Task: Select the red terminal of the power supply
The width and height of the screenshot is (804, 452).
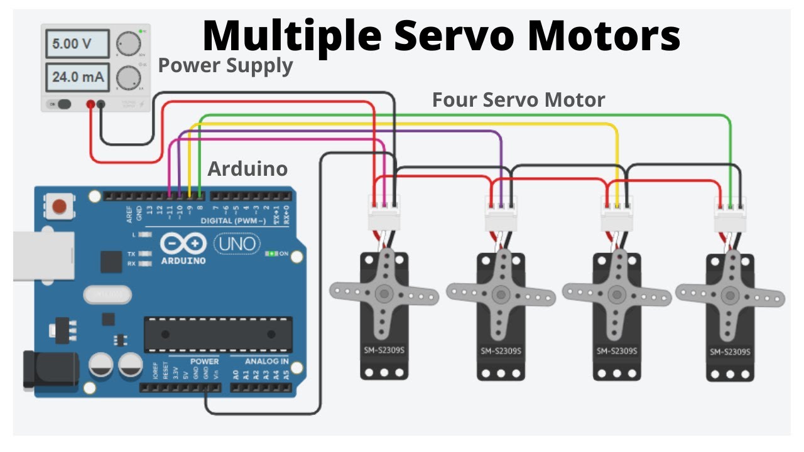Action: pyautogui.click(x=91, y=104)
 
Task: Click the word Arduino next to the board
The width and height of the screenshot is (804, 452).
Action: pyautogui.click(x=247, y=169)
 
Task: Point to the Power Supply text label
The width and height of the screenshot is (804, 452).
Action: pyautogui.click(x=225, y=65)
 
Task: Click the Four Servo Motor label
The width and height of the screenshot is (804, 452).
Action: pyautogui.click(x=518, y=100)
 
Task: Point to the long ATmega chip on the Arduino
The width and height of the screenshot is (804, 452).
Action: pyautogui.click(x=218, y=334)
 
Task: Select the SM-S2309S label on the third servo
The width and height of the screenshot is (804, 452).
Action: pyautogui.click(x=617, y=352)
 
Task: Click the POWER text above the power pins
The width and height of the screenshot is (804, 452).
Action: pyautogui.click(x=204, y=362)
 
